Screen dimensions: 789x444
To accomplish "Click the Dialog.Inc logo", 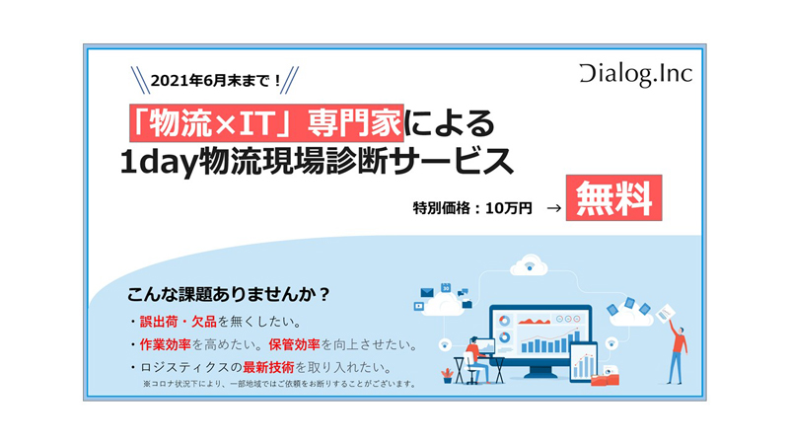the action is click(636, 75).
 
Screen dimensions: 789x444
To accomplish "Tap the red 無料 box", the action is click(613, 198).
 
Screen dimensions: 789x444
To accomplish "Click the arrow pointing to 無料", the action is click(553, 208).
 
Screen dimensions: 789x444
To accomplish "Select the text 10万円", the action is click(508, 208).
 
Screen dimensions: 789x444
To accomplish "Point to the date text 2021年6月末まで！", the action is click(216, 81).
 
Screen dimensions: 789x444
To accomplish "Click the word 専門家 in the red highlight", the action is click(355, 123).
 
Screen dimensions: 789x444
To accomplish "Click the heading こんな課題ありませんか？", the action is click(228, 294).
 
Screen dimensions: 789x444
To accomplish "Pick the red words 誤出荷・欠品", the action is click(179, 322).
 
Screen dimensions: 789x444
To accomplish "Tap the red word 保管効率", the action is click(294, 344).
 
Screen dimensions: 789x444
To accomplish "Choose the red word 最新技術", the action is click(268, 367).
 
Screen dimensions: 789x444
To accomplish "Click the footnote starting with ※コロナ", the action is click(279, 384).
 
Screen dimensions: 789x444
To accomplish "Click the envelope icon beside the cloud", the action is click(427, 292).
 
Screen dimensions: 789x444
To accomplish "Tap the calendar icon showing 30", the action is click(446, 287).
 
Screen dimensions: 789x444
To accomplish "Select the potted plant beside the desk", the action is click(447, 376).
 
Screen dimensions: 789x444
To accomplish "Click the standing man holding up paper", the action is click(677, 352).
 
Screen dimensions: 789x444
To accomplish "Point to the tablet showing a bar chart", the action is click(584, 362).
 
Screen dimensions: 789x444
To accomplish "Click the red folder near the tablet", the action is click(605, 379).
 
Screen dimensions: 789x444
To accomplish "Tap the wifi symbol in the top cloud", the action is click(529, 265).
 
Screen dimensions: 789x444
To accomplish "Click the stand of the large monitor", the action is click(539, 372).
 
